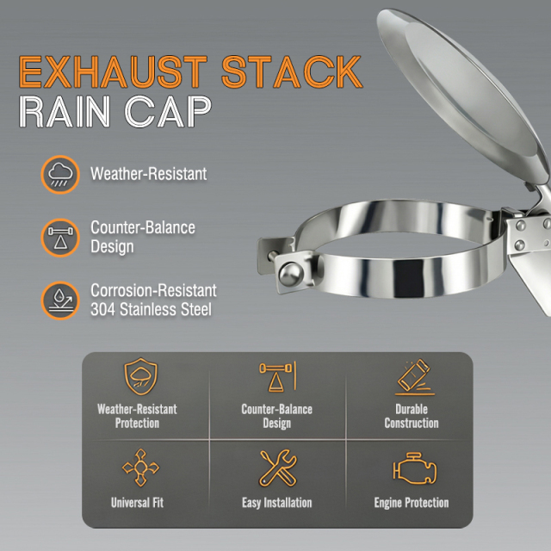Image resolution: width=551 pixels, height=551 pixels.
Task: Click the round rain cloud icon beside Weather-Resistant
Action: pyautogui.click(x=59, y=175)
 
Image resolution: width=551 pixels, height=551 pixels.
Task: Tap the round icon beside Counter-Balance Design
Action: pyautogui.click(x=59, y=238)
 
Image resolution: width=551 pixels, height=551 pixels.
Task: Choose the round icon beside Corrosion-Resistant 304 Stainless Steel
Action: pyautogui.click(x=59, y=300)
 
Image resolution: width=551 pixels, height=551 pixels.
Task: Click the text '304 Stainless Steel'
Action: pyautogui.click(x=150, y=308)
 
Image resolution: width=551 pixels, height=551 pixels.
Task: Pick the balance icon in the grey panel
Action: pyautogui.click(x=276, y=378)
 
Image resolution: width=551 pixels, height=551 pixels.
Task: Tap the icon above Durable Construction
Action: pyautogui.click(x=412, y=378)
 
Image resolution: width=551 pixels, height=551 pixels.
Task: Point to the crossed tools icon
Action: pyautogui.click(x=276, y=468)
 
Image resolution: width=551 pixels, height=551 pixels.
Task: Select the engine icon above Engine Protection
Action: pyautogui.click(x=412, y=469)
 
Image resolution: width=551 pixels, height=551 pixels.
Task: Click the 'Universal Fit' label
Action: pyautogui.click(x=138, y=503)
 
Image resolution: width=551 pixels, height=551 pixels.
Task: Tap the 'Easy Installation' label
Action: pyautogui.click(x=276, y=503)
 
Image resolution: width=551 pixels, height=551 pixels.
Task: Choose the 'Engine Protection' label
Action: pyautogui.click(x=412, y=503)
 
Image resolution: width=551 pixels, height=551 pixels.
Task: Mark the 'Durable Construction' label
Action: pyautogui.click(x=412, y=416)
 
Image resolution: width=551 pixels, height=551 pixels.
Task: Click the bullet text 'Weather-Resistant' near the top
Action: pyautogui.click(x=148, y=174)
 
